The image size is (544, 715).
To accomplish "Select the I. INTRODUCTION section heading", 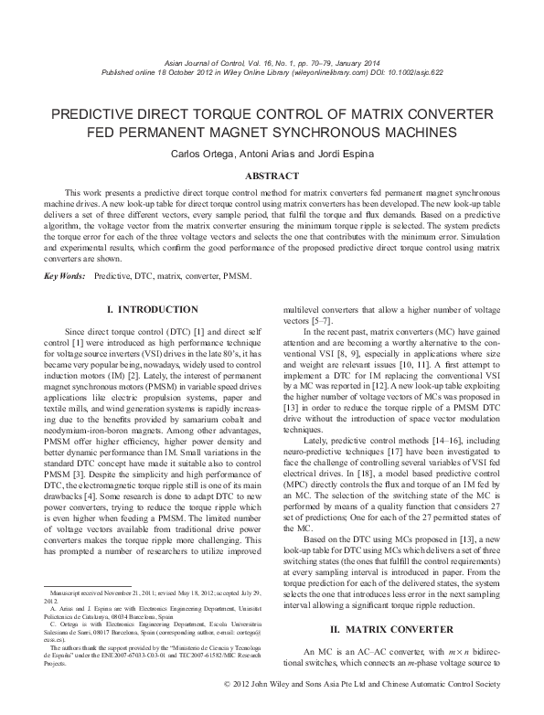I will tap(152, 310).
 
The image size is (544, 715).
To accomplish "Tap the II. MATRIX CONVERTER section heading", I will tap(393, 655).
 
